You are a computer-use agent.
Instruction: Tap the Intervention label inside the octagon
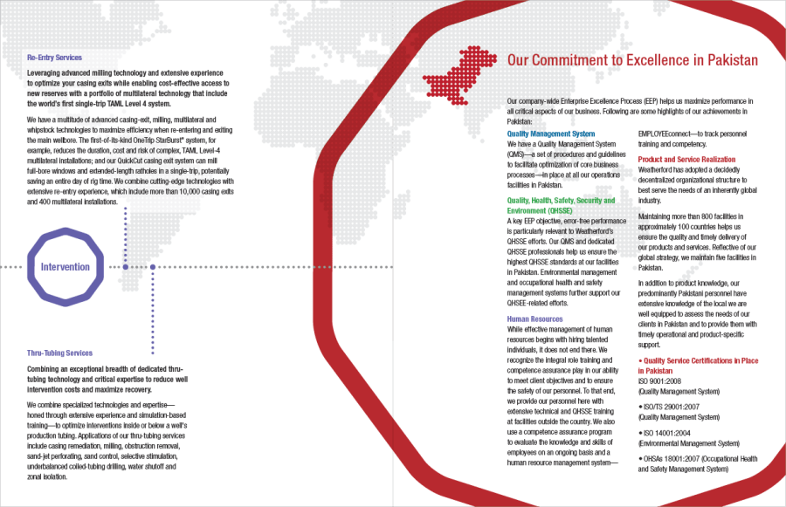point(65,266)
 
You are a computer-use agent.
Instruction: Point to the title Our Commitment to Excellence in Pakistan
point(632,60)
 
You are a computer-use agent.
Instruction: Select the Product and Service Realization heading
point(686,160)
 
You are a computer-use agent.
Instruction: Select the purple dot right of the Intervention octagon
point(153,266)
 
